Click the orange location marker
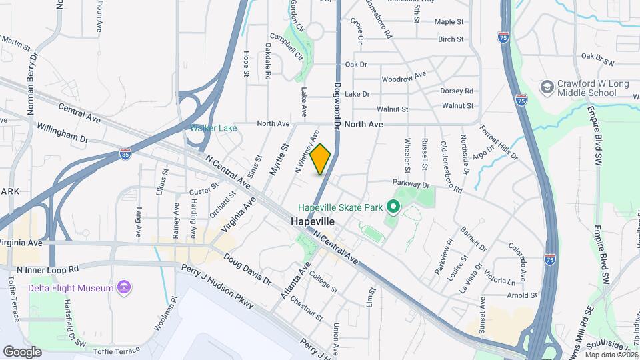[x=321, y=159]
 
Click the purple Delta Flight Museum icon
[x=123, y=288]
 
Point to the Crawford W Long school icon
[x=547, y=88]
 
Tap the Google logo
[x=22, y=351]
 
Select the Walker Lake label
[x=213, y=128]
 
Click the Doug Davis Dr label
[x=247, y=269]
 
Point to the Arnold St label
[x=522, y=295]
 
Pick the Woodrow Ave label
[x=404, y=78]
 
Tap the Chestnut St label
[x=307, y=307]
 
